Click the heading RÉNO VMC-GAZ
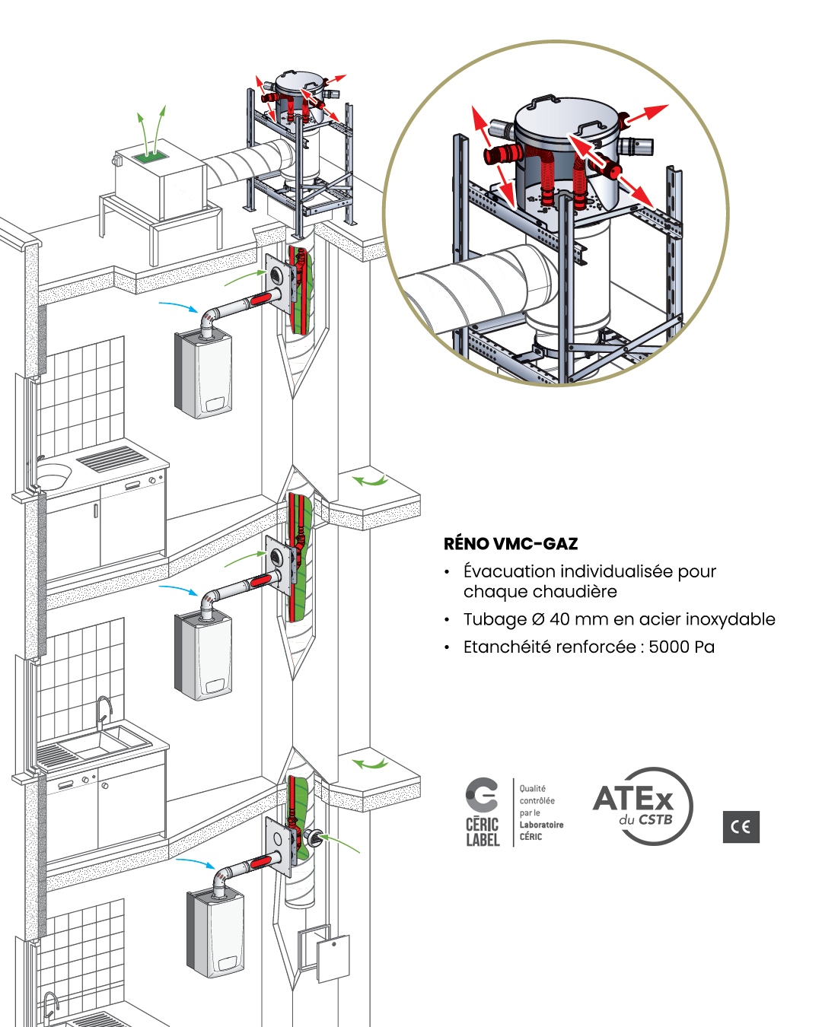pyautogui.click(x=511, y=544)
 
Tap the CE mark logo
pyautogui.click(x=741, y=827)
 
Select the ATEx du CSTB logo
pyautogui.click(x=643, y=806)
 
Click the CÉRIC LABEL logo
pyautogui.click(x=483, y=812)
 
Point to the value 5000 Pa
pyautogui.click(x=681, y=647)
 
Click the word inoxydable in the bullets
pyautogui.click(x=730, y=619)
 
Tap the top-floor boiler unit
pyautogui.click(x=203, y=374)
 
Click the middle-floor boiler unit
pyautogui.click(x=203, y=656)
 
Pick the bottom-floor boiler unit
pyautogui.click(x=215, y=933)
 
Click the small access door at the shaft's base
pyautogui.click(x=333, y=958)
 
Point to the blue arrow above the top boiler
pyautogui.click(x=178, y=306)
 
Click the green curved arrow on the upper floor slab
pyautogui.click(x=371, y=480)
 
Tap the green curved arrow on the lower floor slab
pyautogui.click(x=371, y=762)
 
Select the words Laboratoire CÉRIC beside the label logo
pyautogui.click(x=541, y=831)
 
